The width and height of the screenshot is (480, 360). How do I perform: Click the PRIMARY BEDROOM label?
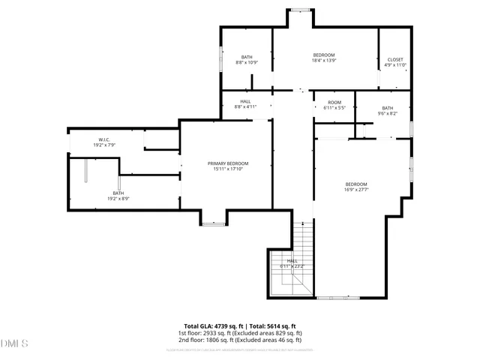point(227,163)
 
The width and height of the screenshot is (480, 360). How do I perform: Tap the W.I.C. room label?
point(104,139)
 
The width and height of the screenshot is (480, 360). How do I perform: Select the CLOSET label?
point(395,59)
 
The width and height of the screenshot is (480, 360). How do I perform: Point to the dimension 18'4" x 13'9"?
point(323,61)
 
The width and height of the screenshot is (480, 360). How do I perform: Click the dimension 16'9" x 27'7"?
point(356,190)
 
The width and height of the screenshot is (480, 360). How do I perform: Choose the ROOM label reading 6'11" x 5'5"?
point(334,102)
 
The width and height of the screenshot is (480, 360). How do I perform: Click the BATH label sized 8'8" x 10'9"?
point(247,57)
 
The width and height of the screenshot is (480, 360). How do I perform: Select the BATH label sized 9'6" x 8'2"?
point(387,107)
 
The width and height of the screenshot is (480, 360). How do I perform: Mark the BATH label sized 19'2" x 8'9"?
point(118,193)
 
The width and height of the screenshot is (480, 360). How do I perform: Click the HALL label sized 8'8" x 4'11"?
point(245,101)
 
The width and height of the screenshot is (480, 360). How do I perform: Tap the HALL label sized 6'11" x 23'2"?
point(292,261)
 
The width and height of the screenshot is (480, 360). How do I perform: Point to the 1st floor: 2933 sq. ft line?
point(240,333)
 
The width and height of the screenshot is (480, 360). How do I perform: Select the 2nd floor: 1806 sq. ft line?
point(240,340)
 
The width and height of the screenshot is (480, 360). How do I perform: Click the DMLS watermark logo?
point(15,343)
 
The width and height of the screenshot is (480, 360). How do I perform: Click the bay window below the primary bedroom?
point(214,223)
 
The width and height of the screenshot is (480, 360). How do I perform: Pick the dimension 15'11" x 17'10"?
point(227,169)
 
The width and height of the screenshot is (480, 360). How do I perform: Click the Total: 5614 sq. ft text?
point(279,326)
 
